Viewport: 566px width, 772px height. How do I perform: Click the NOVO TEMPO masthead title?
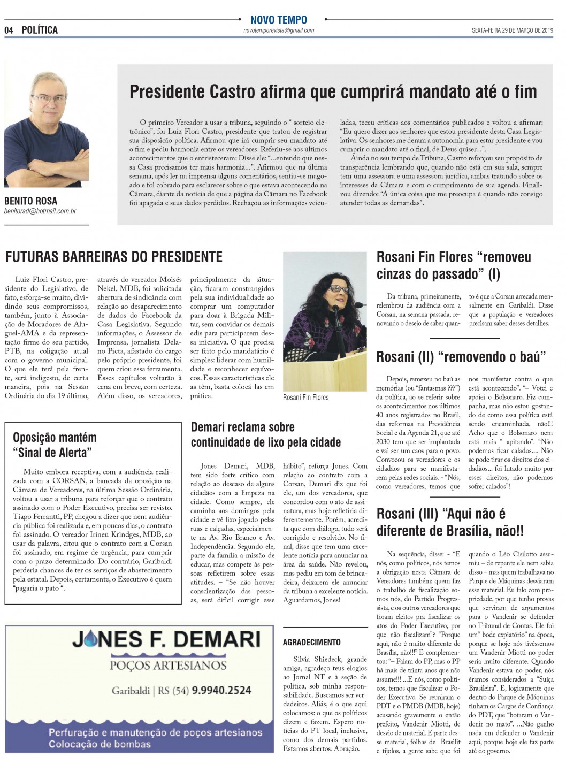(x=279, y=20)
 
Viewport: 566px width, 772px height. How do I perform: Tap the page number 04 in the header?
(x=9, y=30)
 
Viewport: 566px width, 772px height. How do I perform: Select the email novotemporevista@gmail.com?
(x=279, y=31)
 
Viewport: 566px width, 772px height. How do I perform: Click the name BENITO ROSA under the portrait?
(x=30, y=201)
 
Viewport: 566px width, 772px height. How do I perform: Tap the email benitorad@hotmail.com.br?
(x=40, y=211)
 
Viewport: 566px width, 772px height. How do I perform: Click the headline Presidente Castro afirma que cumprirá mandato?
(x=333, y=92)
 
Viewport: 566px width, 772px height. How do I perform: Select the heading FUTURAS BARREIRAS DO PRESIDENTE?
(x=113, y=257)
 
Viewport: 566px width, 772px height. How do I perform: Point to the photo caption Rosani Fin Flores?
(x=305, y=398)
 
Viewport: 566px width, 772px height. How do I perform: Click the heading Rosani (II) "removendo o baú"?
(x=461, y=357)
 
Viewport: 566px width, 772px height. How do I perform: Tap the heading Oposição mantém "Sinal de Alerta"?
(x=55, y=445)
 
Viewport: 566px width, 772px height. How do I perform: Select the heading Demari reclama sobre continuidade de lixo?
(x=265, y=434)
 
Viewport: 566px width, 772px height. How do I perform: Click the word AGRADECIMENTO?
(x=311, y=642)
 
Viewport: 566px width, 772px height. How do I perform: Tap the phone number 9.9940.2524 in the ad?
(x=221, y=690)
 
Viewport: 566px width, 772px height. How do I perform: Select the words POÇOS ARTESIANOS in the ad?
(x=168, y=665)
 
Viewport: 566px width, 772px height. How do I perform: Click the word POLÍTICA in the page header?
(x=40, y=30)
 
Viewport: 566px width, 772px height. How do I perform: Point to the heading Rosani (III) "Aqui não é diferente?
(x=449, y=522)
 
